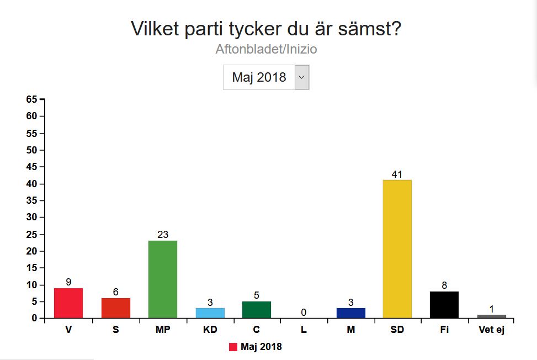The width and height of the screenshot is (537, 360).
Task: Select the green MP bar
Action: [x=163, y=279]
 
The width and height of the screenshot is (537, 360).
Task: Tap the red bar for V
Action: [x=68, y=303]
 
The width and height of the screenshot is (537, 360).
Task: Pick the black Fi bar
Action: [x=444, y=305]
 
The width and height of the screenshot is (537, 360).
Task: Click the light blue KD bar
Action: [x=210, y=313]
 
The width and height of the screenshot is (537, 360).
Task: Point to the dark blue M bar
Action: [x=351, y=313]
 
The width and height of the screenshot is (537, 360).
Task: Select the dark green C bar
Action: [x=257, y=310]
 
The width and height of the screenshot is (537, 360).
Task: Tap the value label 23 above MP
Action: [x=163, y=235]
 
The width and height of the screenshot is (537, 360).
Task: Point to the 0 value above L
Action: [x=304, y=313]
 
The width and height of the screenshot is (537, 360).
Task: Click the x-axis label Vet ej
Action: [x=491, y=330]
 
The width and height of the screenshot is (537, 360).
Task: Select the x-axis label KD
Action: [x=210, y=330]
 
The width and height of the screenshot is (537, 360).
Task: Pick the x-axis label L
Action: [x=304, y=330]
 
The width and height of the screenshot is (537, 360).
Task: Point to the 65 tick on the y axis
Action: [x=31, y=99]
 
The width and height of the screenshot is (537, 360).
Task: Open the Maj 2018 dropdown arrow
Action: [x=302, y=77]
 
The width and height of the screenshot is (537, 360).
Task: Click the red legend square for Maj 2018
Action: [x=233, y=347]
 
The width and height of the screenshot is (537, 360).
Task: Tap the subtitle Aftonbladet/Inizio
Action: [x=266, y=49]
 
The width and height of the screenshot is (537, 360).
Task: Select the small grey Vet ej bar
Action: [x=492, y=316]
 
